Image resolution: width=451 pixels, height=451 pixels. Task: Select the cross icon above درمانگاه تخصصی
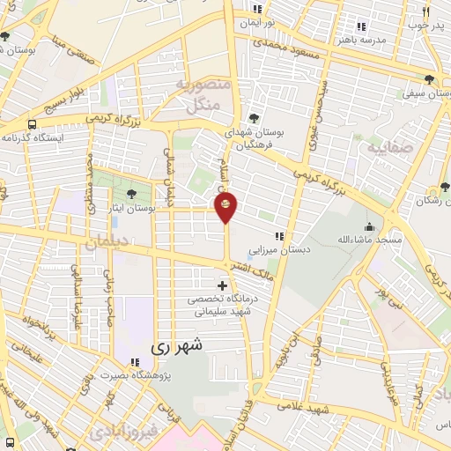(222, 285)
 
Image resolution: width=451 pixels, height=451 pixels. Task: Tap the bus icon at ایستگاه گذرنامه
(33, 124)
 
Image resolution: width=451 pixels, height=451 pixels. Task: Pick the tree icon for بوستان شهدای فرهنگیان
(254, 118)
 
